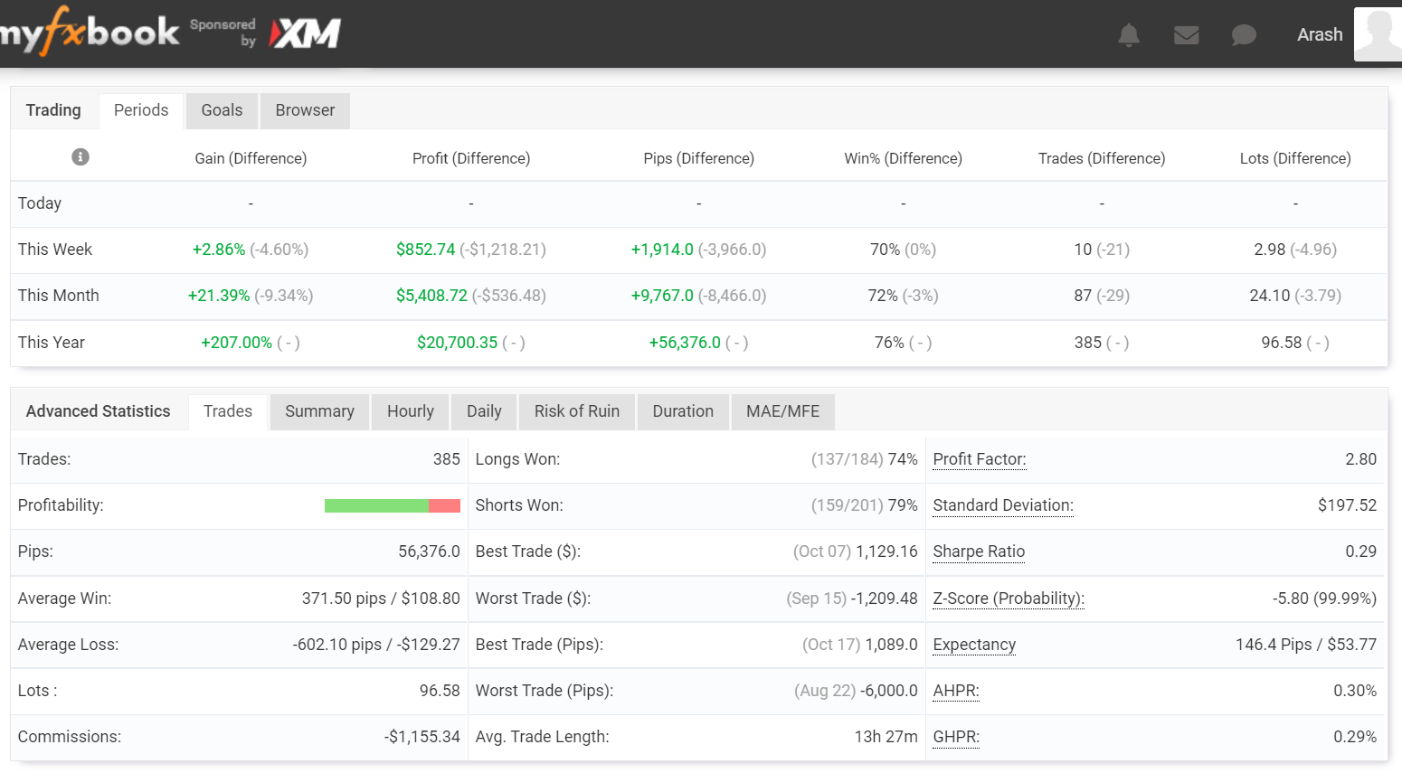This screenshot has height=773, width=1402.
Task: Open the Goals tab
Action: (x=222, y=110)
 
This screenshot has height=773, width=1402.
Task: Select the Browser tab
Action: (x=305, y=110)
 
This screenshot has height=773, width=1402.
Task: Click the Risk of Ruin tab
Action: (x=576, y=411)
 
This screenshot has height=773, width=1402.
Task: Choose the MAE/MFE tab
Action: (x=782, y=411)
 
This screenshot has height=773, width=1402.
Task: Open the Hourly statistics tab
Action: (x=411, y=411)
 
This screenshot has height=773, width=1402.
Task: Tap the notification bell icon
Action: (x=1129, y=35)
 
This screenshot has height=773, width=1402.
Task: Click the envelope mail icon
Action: (x=1186, y=35)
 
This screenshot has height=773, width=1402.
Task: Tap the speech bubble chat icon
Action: (x=1244, y=35)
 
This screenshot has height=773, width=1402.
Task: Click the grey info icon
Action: (x=81, y=157)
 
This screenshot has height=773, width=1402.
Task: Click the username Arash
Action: (x=1320, y=34)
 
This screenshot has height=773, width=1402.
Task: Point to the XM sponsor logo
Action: (x=306, y=34)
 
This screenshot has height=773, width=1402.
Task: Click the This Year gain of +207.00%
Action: (x=236, y=343)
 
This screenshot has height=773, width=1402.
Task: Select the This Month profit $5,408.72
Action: (x=431, y=296)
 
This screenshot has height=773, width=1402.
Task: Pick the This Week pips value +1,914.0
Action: (x=662, y=250)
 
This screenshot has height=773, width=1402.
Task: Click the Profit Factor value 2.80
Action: (x=1360, y=459)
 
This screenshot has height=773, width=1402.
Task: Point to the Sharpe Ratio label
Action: (x=979, y=551)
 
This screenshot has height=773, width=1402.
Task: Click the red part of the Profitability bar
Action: (x=444, y=505)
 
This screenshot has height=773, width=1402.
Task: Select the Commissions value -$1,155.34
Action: (x=422, y=737)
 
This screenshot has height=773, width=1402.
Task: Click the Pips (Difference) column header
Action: (x=698, y=158)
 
